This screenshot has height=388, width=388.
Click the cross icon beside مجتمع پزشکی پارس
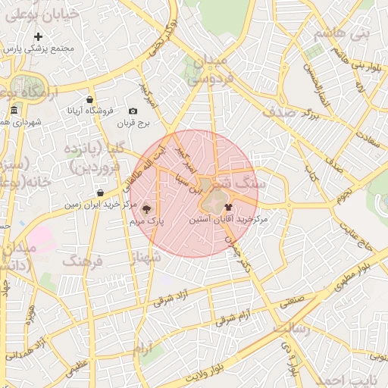[x=39, y=36]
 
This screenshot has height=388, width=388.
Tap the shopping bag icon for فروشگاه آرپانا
[x=90, y=99]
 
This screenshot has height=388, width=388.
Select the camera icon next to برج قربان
[x=133, y=111]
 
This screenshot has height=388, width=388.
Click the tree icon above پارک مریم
[x=146, y=208]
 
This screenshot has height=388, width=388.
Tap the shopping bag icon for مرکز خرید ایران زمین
[x=100, y=192]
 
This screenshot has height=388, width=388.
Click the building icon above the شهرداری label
[x=14, y=112]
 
